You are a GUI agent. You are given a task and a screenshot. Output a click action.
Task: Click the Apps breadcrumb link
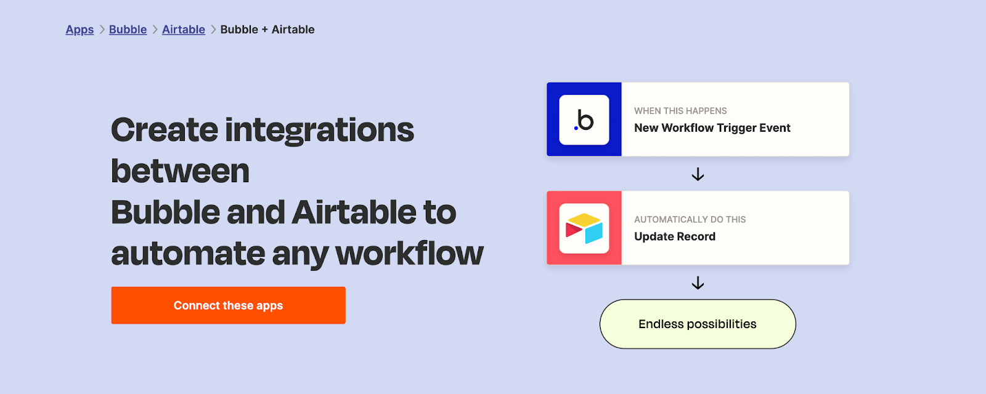coord(79,30)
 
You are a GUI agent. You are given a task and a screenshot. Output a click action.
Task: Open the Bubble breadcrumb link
coord(128,30)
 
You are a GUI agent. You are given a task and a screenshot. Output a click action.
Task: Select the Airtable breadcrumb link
coord(184,30)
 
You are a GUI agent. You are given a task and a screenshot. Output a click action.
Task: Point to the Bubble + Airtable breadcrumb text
coord(267,30)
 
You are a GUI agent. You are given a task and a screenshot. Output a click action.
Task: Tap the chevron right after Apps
coord(102,30)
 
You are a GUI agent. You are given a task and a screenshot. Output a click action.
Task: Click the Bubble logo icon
coord(584,119)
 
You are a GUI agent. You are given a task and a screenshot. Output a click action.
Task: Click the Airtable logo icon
coord(584,228)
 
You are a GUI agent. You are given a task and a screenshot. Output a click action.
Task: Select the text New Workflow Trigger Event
coord(712,128)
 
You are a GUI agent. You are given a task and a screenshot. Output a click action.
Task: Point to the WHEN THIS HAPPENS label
coord(680,111)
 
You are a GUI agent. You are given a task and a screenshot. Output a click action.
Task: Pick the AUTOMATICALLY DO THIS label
coord(690,219)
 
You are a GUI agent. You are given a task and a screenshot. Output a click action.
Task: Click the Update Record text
coord(675,236)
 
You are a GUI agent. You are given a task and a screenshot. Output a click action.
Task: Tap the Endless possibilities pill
coord(698,324)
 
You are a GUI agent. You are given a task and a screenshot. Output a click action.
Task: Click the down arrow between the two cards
coord(698,175)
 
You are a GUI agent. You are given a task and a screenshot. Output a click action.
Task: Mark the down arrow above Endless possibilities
coord(698,283)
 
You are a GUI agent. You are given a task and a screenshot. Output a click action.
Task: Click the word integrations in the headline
coord(320,131)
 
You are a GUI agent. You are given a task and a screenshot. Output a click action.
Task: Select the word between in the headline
coord(180,171)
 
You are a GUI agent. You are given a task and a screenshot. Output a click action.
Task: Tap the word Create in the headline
coord(165,130)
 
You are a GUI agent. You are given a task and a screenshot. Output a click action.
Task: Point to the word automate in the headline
coord(188,254)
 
